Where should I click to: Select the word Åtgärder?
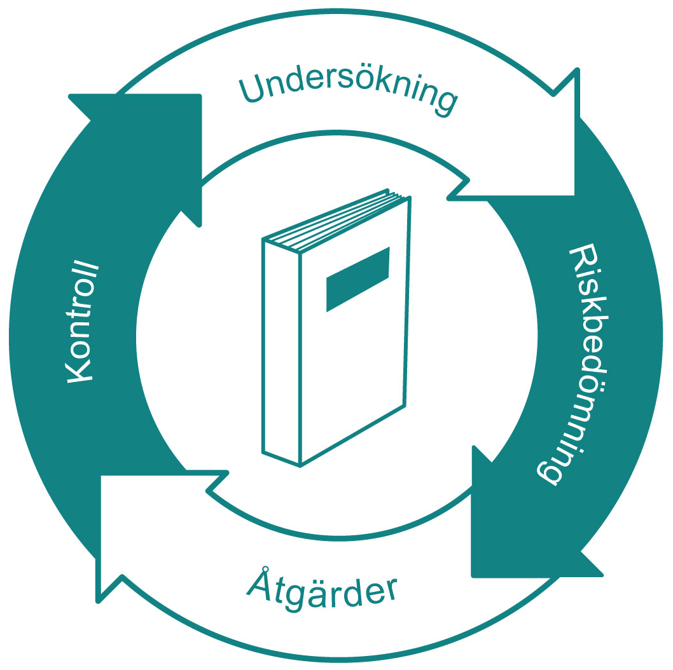(321, 592)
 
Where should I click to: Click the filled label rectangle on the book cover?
(357, 278)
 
